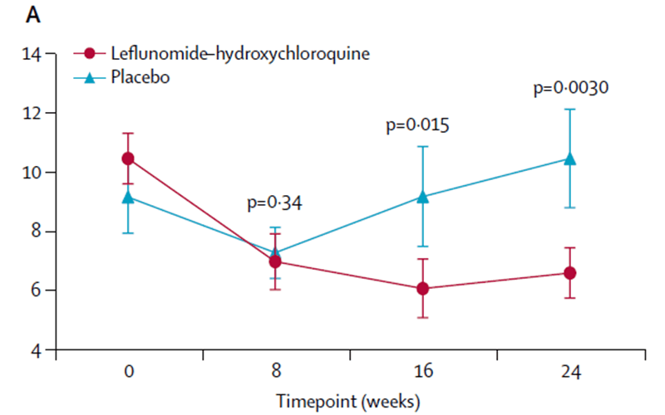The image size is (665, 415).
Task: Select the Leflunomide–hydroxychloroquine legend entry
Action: click(239, 53)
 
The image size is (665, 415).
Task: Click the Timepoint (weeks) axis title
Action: click(349, 400)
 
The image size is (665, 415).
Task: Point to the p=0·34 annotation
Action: click(275, 202)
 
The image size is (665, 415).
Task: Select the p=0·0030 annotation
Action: click(571, 87)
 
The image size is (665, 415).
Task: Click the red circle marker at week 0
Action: click(128, 159)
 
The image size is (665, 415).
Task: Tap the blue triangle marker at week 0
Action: click(128, 197)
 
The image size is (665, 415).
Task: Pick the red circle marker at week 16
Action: click(422, 289)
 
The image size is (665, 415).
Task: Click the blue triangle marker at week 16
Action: click(422, 197)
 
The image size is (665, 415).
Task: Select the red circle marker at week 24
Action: click(570, 273)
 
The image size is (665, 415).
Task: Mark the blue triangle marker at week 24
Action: click(570, 159)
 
